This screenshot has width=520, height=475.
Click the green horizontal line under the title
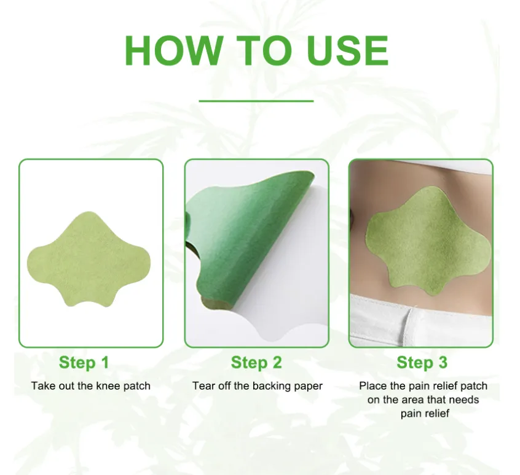coord(256,101)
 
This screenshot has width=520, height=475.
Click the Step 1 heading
coord(84,363)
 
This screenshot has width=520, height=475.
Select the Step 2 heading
coord(256,363)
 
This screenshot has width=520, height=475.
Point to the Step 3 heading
coord(422,363)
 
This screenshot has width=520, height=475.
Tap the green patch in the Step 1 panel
coord(89,260)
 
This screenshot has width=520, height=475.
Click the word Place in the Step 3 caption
coord(373,386)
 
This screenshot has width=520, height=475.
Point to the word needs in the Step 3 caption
coord(463,400)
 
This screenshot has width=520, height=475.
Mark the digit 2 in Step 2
coord(277,363)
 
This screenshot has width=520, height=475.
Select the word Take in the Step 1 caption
coord(44,386)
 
